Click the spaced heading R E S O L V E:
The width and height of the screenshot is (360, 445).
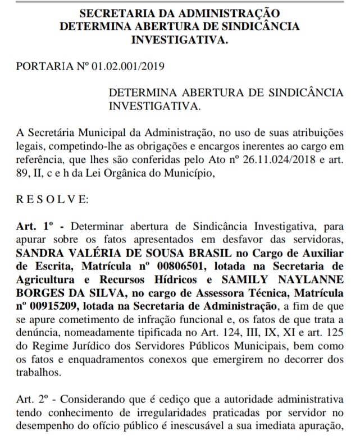52,199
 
